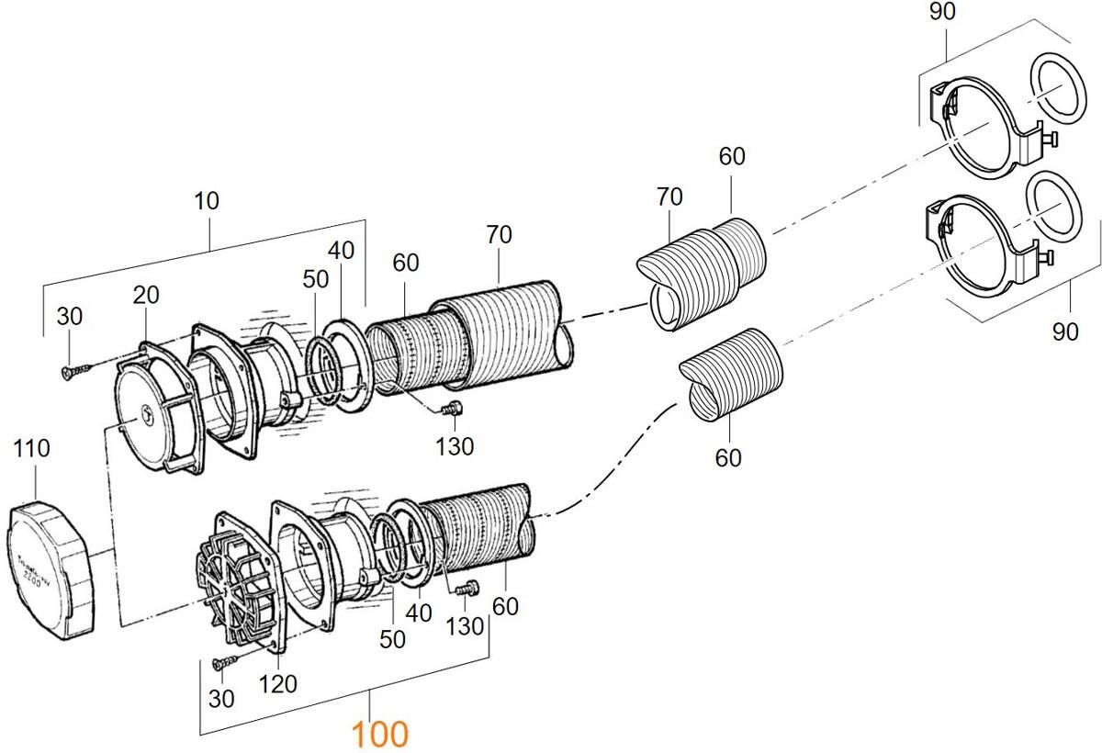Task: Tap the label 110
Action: pos(32,449)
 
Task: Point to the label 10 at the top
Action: pos(207,201)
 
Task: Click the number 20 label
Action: pos(145,295)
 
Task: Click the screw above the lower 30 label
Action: pos(223,660)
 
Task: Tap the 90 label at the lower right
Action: pos(1065,332)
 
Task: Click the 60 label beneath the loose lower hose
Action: pos(728,456)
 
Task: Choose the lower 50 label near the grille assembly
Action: pos(392,639)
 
